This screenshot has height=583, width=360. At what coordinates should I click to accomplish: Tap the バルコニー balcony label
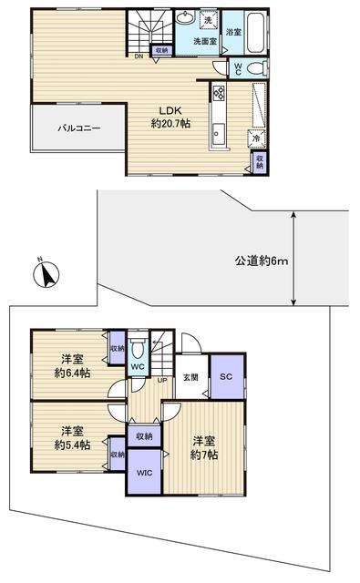click(79, 128)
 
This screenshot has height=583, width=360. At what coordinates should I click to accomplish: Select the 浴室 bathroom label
click(234, 33)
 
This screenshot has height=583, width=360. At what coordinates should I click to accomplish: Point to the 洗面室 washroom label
click(204, 41)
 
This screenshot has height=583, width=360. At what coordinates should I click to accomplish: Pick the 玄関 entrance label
click(190, 377)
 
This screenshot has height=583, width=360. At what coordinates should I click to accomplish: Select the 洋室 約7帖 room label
click(205, 449)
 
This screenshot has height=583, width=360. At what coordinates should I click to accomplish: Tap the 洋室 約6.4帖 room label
click(73, 366)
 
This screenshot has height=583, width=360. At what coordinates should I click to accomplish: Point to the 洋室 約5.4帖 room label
click(73, 436)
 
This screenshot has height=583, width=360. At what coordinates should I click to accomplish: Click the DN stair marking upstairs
click(139, 56)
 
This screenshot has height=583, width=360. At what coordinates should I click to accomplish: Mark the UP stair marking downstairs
click(162, 380)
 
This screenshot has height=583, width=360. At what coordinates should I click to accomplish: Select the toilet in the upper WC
click(255, 68)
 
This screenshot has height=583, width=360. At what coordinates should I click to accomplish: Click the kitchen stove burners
click(219, 92)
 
